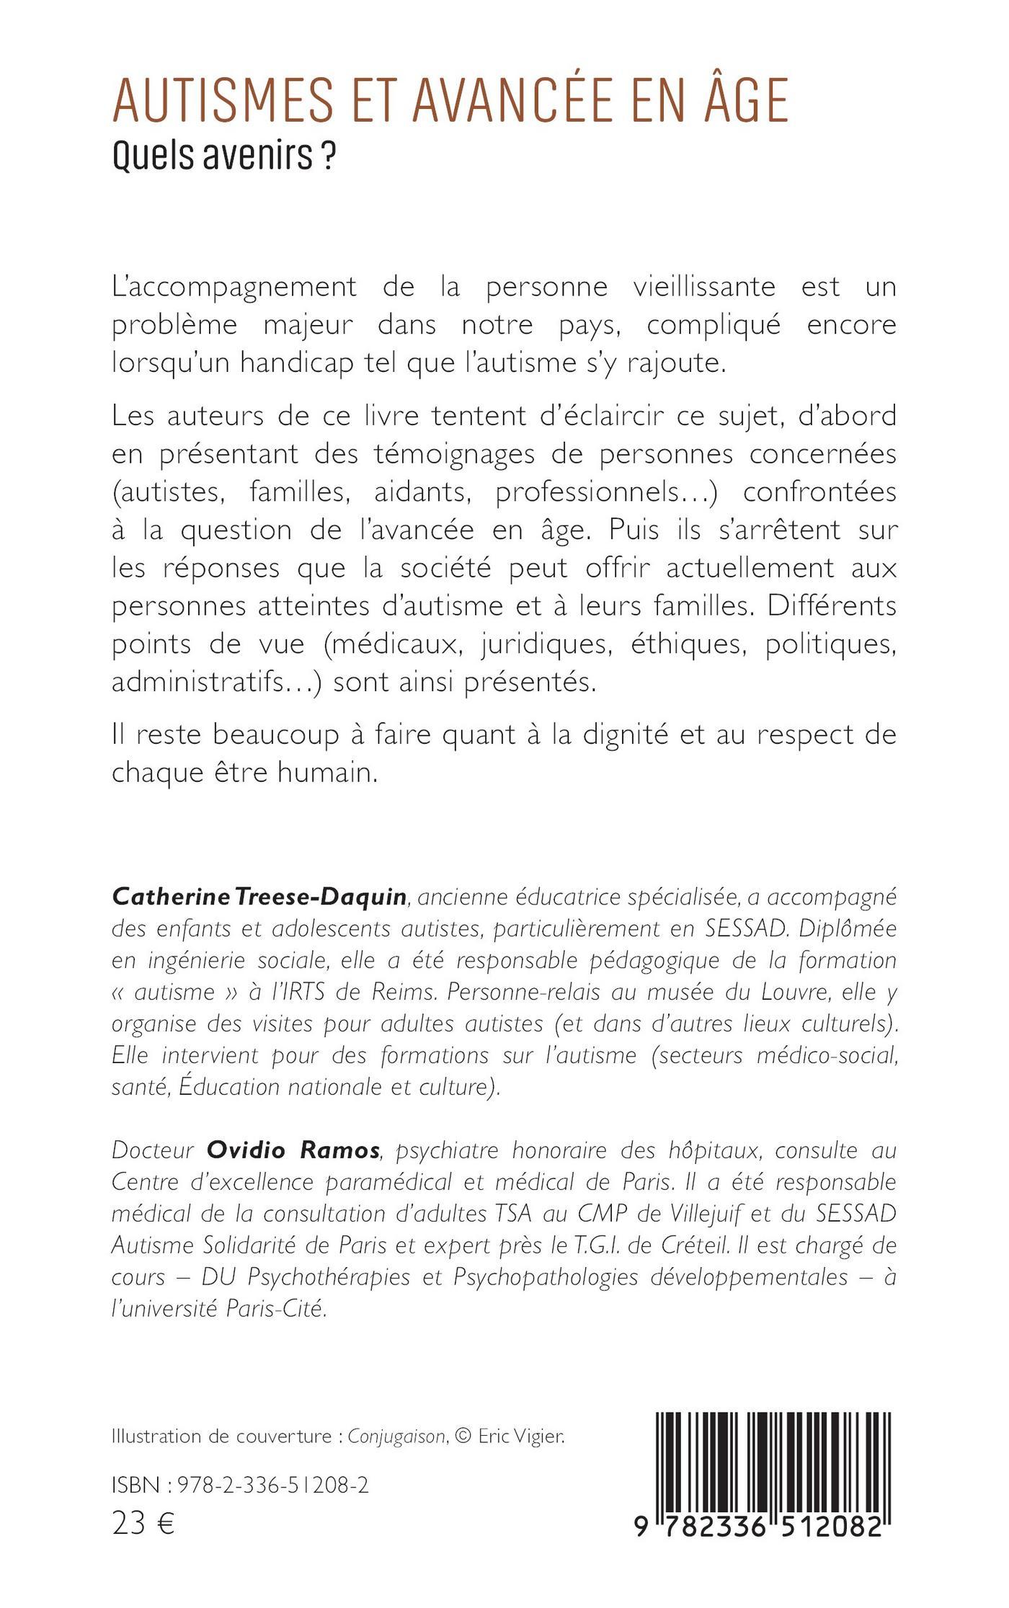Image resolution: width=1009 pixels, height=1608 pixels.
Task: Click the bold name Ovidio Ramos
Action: [x=293, y=1150]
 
